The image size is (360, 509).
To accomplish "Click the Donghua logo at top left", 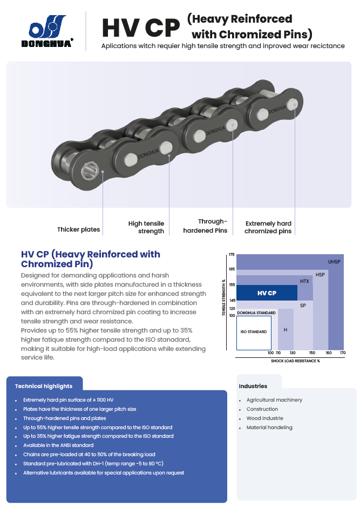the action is point(47,31).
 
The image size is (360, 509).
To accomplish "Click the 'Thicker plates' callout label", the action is point(79,229).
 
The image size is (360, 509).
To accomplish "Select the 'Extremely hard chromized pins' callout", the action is point(268,227).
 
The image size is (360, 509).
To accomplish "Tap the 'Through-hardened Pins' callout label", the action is point(205,226).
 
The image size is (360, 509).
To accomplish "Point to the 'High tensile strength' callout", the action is point(146,227).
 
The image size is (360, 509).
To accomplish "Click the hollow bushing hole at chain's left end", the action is point(89,171).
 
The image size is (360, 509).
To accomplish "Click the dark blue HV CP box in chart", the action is point(267,293).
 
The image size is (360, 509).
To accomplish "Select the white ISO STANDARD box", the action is point(254,332).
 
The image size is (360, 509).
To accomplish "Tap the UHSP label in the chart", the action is point(334,262).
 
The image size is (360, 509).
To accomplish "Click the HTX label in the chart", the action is point(304,281).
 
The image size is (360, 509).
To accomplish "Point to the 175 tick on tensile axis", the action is point(232,255).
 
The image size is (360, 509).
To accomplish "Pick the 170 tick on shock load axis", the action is point(343,352).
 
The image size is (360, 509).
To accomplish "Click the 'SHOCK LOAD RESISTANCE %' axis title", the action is point(295,361).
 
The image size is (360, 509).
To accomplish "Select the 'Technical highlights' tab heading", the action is point(44,386).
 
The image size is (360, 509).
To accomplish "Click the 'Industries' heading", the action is point(253,386).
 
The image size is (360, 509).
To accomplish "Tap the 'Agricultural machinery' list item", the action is point(274,400).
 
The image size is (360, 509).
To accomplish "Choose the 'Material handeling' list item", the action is point(269,427).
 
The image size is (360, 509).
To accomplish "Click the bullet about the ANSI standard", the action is point(58,445).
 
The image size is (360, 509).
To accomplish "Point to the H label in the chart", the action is point(286,330).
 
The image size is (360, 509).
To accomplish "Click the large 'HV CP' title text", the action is point(141,28).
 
